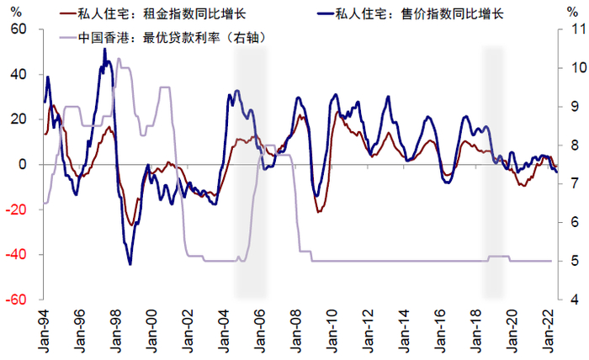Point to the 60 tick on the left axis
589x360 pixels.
coord(19,29)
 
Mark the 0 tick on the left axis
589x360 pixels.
coord(24,164)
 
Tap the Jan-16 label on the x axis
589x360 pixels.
coord(443,330)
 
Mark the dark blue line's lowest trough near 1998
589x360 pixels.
coord(130,264)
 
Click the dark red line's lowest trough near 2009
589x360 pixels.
coord(318,212)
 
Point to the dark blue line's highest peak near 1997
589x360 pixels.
coord(104,49)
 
